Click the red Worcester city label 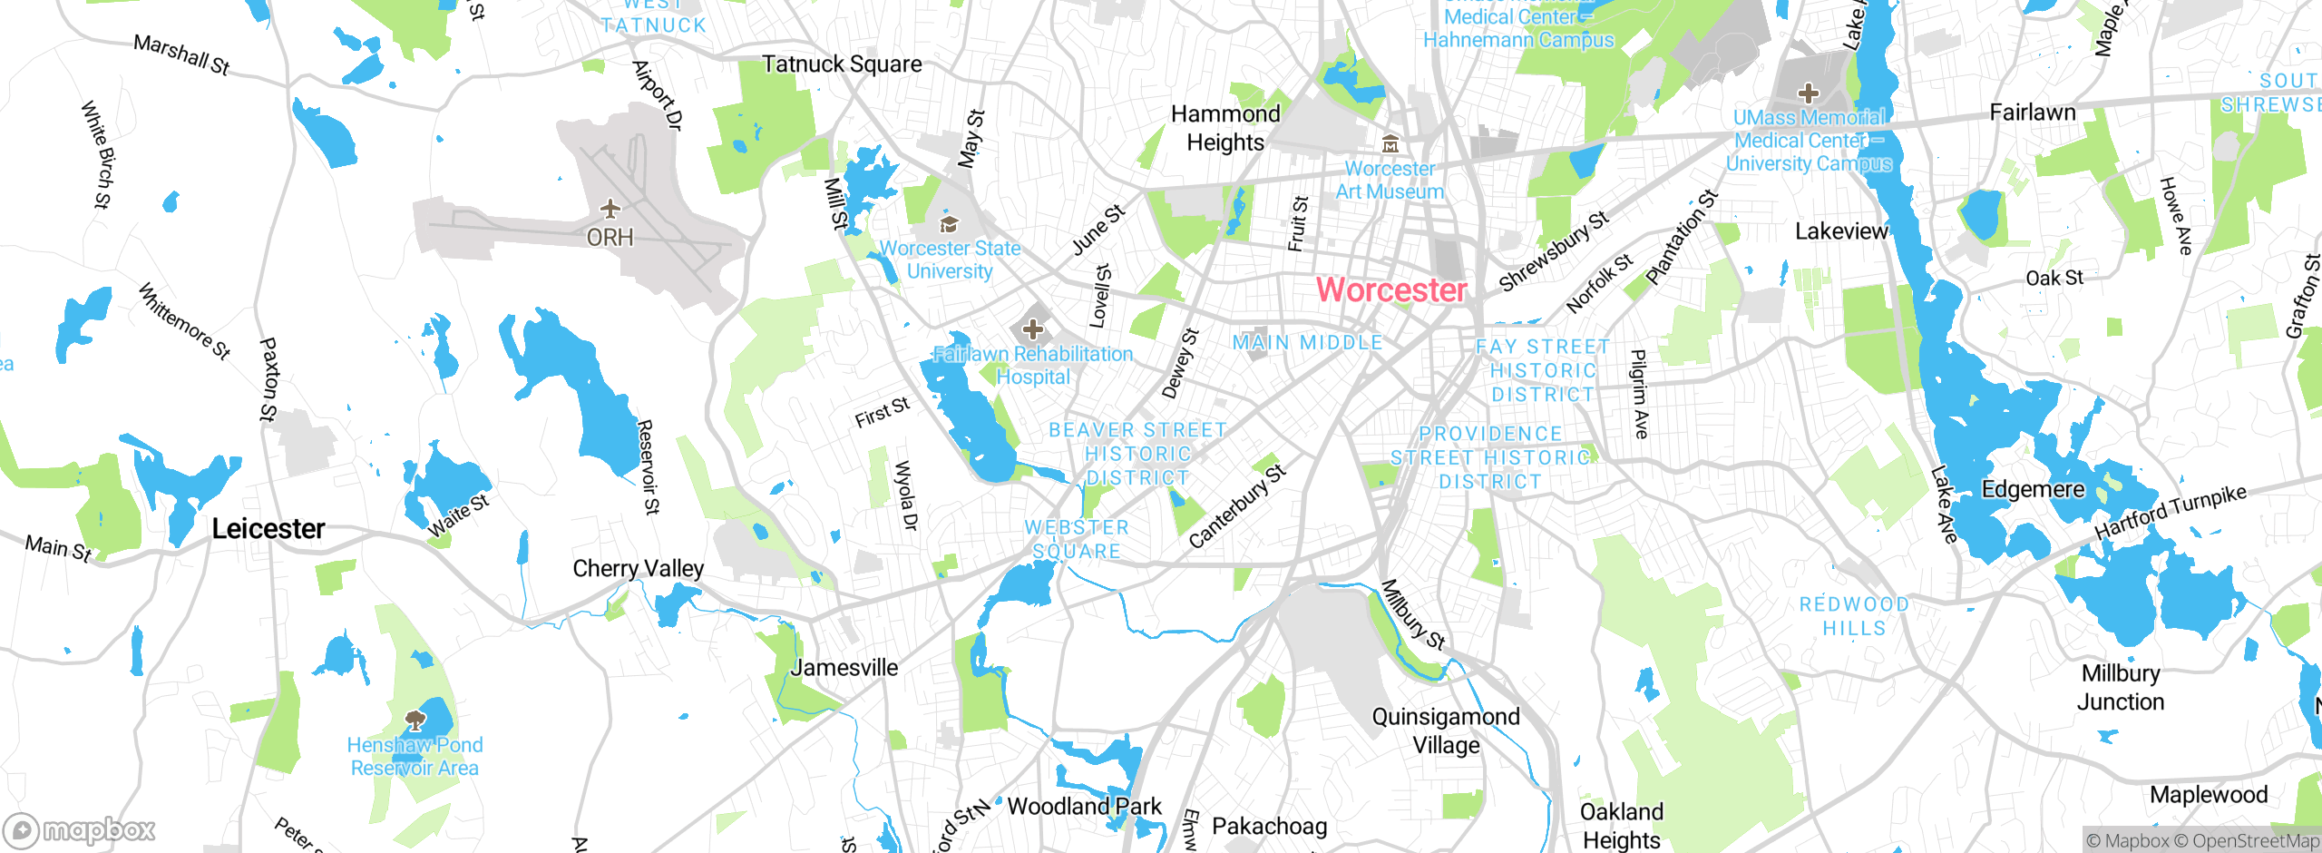pos(1390,290)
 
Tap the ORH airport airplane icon pos(610,210)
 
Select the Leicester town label pos(268,529)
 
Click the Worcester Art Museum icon pos(1390,144)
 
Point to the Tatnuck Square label pos(841,64)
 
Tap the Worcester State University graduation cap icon pos(949,224)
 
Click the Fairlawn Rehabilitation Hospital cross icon pos(1032,329)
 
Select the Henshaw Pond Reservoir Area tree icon pos(415,721)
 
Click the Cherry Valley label pos(638,569)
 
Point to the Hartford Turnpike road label pos(2170,513)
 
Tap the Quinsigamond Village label pos(1445,730)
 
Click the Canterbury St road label pos(1236,506)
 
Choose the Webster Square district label pos(1077,539)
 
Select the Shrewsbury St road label pos(1553,251)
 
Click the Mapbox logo pos(79,830)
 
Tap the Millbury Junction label pos(2120,687)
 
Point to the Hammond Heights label pos(1225,128)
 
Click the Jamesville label pos(844,668)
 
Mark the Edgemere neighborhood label pos(2033,490)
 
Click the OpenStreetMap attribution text pos(2255,841)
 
